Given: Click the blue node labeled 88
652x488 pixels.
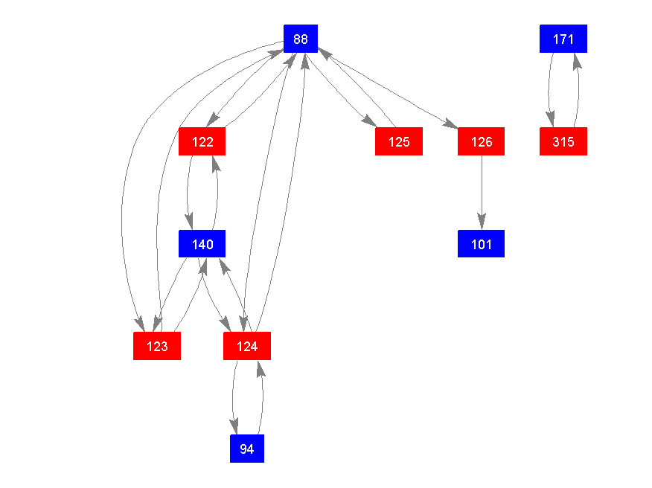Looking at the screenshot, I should (301, 39).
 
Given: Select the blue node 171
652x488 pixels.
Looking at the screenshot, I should (563, 39).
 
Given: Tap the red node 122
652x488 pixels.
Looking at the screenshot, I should (202, 141).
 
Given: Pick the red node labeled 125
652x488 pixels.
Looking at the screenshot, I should (399, 141).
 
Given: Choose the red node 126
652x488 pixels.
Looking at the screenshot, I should (482, 141).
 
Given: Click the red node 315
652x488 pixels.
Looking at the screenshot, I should (563, 141).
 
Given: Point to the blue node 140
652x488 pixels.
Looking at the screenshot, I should (202, 244).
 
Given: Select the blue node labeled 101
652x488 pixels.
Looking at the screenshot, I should (482, 244).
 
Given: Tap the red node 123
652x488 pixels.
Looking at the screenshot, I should (157, 346).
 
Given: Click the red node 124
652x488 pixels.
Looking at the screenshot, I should (247, 346).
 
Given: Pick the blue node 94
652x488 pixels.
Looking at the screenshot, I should (247, 449).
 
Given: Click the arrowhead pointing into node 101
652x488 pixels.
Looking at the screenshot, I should (482, 222).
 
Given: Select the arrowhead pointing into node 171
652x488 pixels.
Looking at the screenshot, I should (576, 61).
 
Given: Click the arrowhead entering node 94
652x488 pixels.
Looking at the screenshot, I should (235, 426).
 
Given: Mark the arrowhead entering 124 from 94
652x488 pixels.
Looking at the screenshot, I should (260, 367).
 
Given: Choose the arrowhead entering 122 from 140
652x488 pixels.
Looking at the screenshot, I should (215, 163).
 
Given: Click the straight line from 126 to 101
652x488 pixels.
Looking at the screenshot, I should (482, 186).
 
